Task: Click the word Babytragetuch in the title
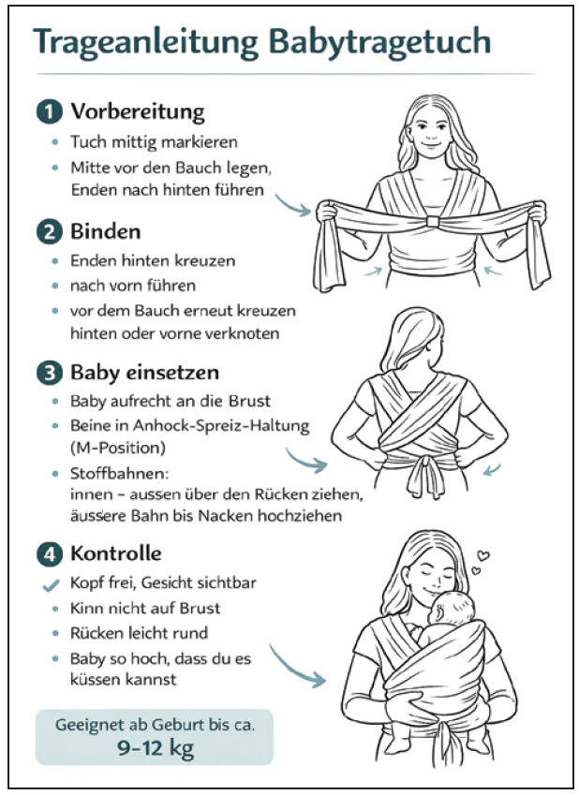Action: pyautogui.click(x=379, y=42)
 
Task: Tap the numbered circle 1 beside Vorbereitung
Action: pyautogui.click(x=50, y=111)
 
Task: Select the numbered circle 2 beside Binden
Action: pyautogui.click(x=50, y=231)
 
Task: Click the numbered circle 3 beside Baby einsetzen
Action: pyautogui.click(x=50, y=374)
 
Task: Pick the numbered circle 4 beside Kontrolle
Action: pyautogui.click(x=50, y=553)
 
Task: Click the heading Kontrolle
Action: pyautogui.click(x=115, y=553)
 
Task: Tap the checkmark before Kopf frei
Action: pyautogui.click(x=51, y=585)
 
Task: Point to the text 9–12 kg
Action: pyautogui.click(x=156, y=748)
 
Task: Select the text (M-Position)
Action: pyautogui.click(x=118, y=449)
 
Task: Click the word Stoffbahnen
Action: pyautogui.click(x=119, y=474)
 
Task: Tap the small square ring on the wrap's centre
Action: pyautogui.click(x=432, y=221)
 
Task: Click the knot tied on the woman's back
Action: pyautogui.click(x=425, y=474)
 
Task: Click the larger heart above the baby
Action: pyautogui.click(x=483, y=555)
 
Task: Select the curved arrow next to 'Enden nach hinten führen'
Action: pyautogui.click(x=293, y=205)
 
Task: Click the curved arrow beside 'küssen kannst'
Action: pyautogui.click(x=297, y=666)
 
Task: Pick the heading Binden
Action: pyautogui.click(x=106, y=231)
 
